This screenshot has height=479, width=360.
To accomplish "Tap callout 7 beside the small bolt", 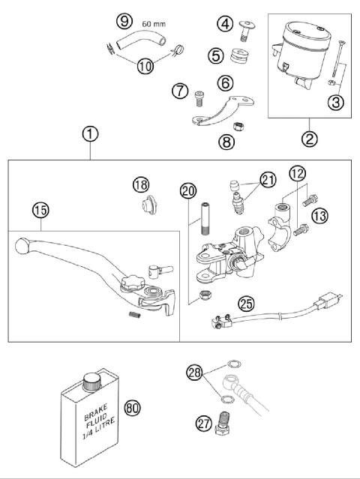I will click(x=179, y=91).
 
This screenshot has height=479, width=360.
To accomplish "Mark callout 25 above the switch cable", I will click(x=244, y=304).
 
